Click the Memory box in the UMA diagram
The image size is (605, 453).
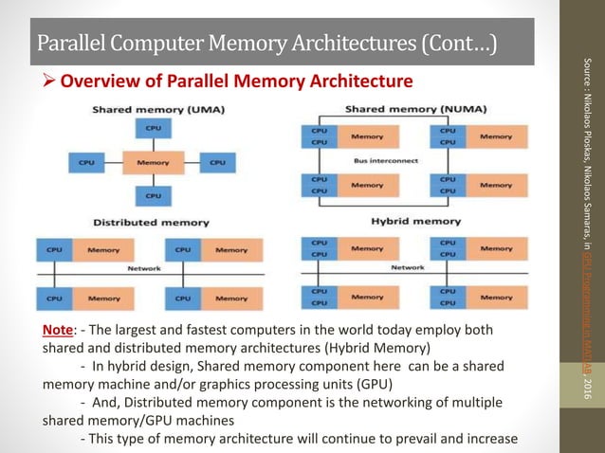(x=153, y=162)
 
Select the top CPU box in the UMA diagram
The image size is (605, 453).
(x=153, y=128)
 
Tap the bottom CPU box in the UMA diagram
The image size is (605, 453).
(x=153, y=196)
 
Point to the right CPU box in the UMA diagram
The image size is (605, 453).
(x=217, y=162)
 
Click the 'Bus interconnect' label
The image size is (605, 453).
(x=392, y=161)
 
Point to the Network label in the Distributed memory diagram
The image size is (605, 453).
(x=144, y=268)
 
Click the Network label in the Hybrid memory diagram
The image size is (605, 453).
(x=408, y=268)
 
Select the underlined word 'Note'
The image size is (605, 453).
(x=59, y=331)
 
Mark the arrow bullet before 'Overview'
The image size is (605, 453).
(x=48, y=81)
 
